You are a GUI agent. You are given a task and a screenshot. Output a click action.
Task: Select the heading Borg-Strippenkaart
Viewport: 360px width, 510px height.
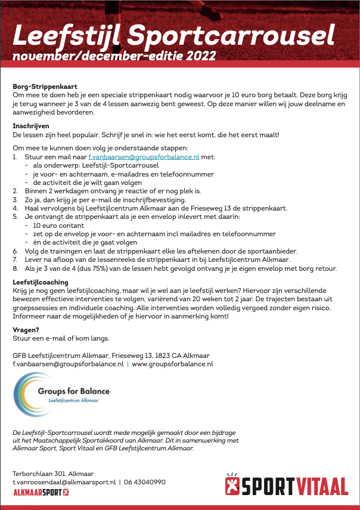[x=45, y=87]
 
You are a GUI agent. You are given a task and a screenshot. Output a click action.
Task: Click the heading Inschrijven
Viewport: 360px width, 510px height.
[x=30, y=126]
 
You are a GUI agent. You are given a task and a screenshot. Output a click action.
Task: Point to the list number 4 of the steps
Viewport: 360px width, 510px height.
[x=15, y=208]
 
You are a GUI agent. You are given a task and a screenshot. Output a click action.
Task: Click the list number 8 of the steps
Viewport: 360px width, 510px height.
[x=15, y=268]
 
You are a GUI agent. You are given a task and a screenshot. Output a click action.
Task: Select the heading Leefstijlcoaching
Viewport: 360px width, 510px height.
[x=41, y=282]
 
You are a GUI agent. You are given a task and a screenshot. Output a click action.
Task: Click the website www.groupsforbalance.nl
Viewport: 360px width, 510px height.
[x=172, y=363]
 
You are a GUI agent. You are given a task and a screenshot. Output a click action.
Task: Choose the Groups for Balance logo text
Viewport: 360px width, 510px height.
[x=82, y=391]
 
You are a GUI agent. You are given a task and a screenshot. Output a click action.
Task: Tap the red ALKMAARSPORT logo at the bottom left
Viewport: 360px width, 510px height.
[x=41, y=492]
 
